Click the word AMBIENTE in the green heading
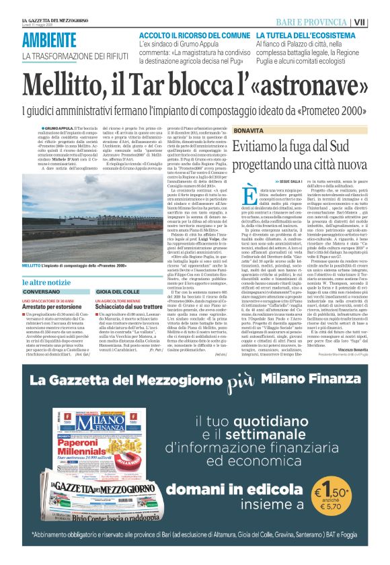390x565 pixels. [x=49, y=40]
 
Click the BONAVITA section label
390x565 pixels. [x=249, y=129]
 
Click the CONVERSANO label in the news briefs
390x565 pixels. [x=40, y=292]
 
